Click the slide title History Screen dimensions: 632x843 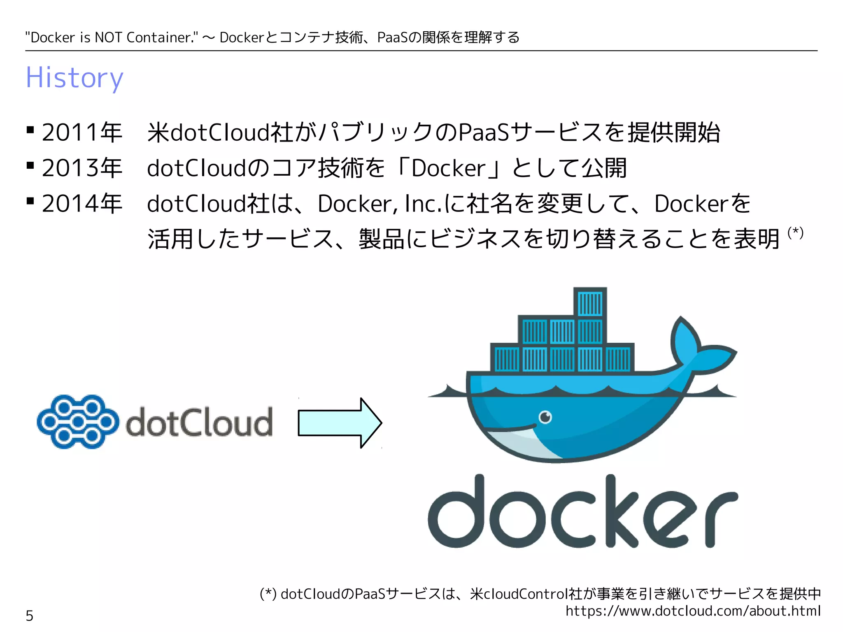pos(75,78)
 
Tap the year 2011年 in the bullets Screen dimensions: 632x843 pos(82,132)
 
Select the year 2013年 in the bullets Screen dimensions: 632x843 pos(82,168)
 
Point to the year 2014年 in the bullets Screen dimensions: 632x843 pos(82,203)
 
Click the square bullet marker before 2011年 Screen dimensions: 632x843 pos(30,130)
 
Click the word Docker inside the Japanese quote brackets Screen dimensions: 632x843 pos(449,168)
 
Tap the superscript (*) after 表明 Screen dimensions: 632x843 pos(795,232)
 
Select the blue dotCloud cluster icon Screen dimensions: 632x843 pos(78,421)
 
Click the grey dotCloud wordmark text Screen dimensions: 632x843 pos(199,422)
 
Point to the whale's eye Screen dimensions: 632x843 pos(545,417)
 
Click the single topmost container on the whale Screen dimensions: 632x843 pos(590,303)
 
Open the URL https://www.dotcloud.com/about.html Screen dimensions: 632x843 pos(693,611)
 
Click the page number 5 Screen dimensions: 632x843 pos(30,616)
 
